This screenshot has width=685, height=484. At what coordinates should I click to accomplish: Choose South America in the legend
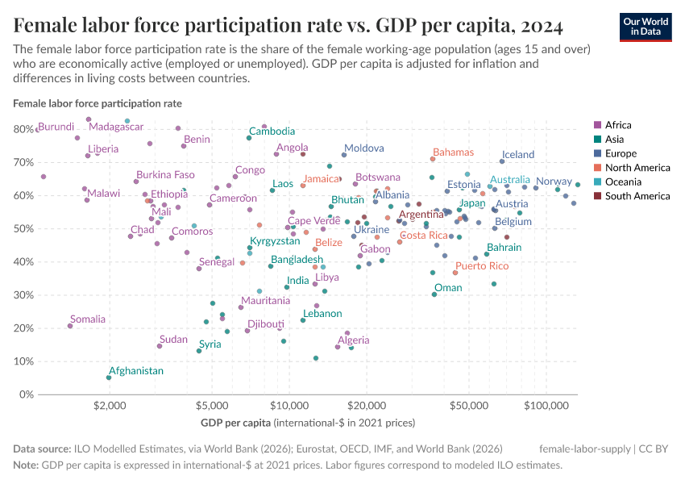(x=637, y=196)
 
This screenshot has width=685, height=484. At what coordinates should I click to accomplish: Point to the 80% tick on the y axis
(x=23, y=129)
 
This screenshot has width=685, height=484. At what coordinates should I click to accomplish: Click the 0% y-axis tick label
(x=26, y=394)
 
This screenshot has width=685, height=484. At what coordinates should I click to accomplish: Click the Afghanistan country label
(x=136, y=371)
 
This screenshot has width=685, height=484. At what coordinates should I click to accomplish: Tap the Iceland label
(x=518, y=155)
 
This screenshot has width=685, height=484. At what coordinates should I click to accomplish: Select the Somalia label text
(x=87, y=319)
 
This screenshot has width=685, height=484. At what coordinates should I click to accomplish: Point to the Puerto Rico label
(x=482, y=266)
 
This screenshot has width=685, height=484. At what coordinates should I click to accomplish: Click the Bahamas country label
(x=453, y=152)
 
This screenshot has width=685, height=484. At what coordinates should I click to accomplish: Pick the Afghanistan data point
(x=109, y=378)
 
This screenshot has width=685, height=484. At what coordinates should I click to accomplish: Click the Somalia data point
(x=70, y=326)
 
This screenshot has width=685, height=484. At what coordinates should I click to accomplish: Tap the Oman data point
(x=434, y=294)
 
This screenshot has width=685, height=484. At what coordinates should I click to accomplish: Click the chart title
(x=288, y=26)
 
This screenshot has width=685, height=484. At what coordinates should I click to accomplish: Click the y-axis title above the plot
(x=97, y=103)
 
